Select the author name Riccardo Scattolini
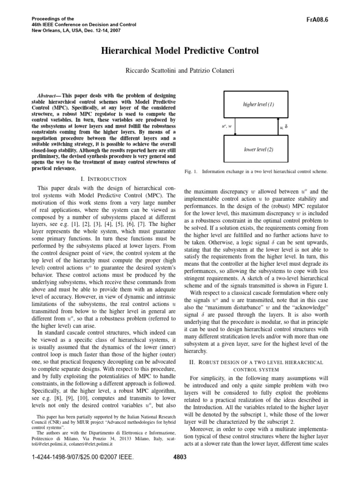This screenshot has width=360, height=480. click(148, 69)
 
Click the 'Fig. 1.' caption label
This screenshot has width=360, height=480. click(192, 172)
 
